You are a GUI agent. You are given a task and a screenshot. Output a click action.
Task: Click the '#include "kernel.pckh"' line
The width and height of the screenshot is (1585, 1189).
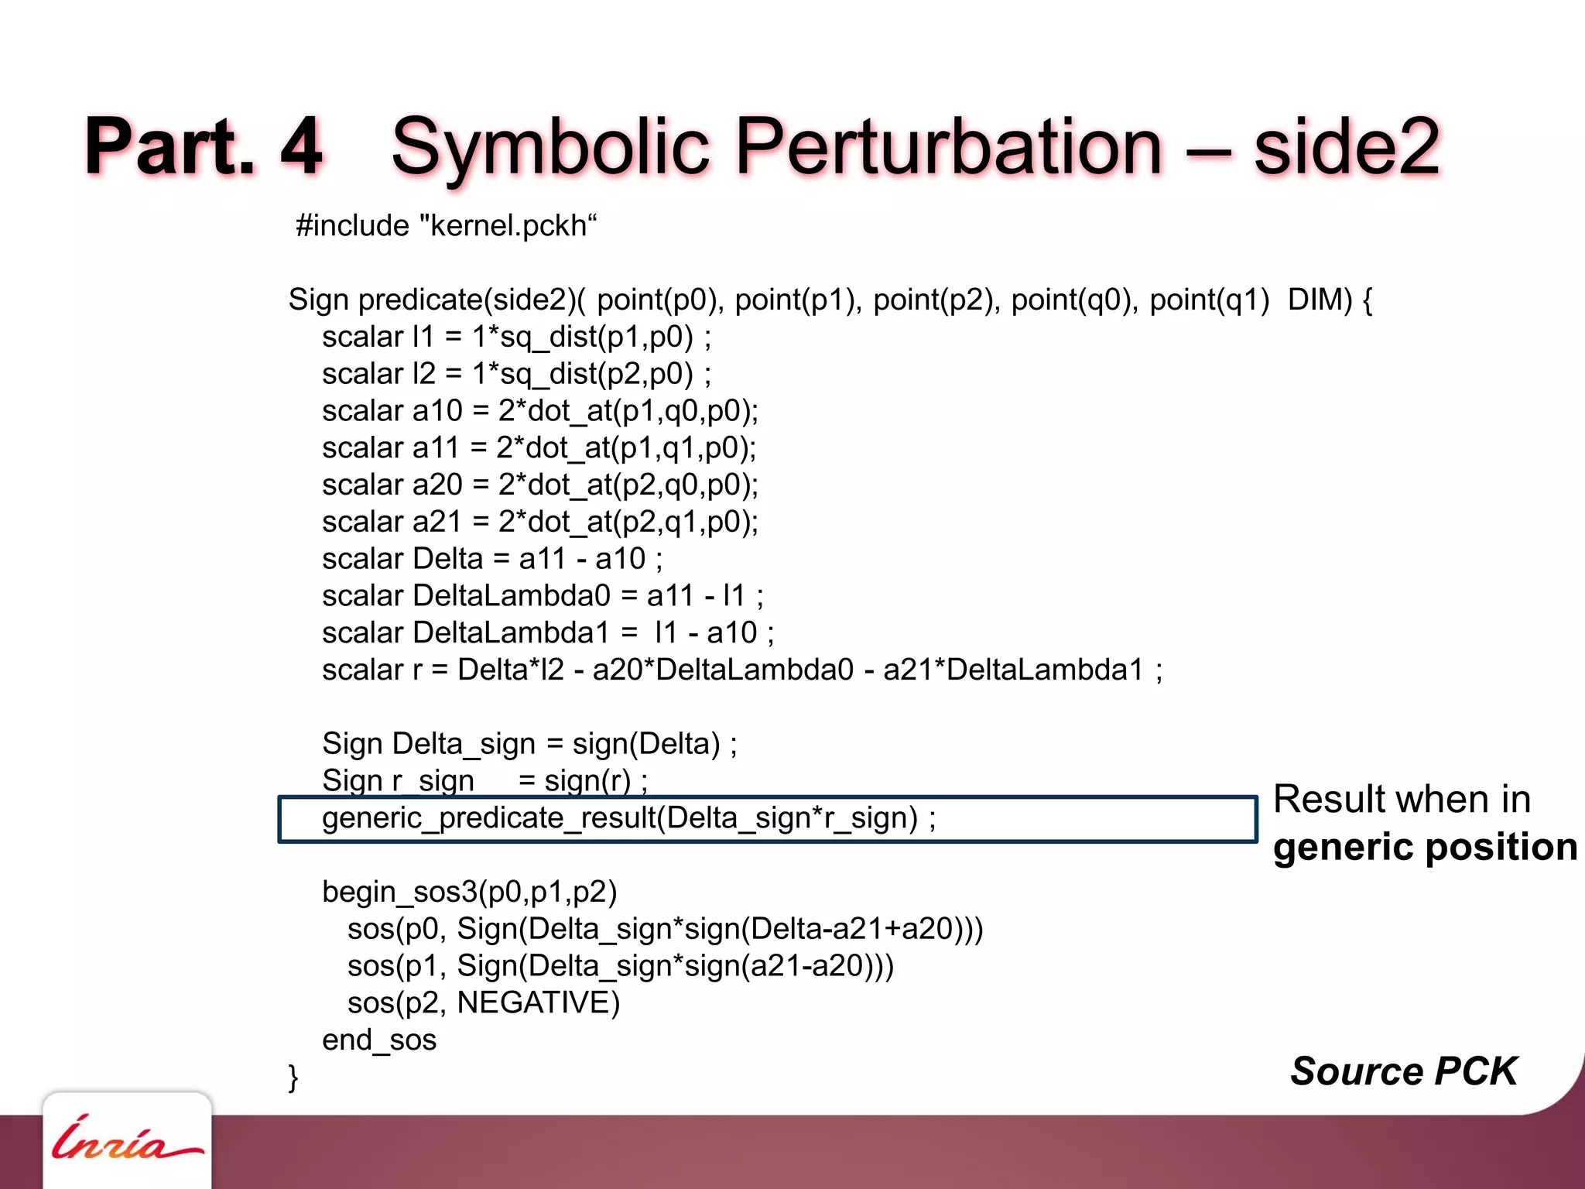[x=447, y=226]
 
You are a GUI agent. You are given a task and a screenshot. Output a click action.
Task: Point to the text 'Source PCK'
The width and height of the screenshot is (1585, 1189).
[x=1403, y=1071]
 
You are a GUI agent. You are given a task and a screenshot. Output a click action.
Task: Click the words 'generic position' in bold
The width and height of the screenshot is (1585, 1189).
[x=1425, y=847]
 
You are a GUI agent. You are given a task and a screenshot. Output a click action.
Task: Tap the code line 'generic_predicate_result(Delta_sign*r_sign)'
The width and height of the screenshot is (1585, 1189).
[x=628, y=818]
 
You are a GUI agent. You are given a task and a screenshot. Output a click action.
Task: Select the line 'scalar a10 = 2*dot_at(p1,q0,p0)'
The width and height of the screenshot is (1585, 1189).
[x=540, y=411]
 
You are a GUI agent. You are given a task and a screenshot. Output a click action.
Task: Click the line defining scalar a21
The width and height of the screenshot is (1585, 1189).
[x=540, y=522]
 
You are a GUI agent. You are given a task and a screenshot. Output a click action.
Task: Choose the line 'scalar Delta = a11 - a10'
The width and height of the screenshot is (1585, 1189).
[x=492, y=559]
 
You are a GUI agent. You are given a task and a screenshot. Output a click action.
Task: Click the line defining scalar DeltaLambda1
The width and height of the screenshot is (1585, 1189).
[x=548, y=633]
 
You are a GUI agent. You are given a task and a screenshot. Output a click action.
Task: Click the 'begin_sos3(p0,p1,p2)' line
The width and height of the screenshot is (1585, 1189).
[x=469, y=893]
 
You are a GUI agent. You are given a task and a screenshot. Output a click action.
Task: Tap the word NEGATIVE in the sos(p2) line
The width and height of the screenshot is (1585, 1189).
[x=539, y=1003]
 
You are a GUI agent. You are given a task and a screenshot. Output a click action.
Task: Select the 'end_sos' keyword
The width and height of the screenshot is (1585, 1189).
[x=379, y=1040]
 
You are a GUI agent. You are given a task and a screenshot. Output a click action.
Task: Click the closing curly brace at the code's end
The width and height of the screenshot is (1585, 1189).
[x=293, y=1078]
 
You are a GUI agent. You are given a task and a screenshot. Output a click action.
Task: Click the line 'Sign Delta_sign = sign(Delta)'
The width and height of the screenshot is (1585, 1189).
[x=529, y=744]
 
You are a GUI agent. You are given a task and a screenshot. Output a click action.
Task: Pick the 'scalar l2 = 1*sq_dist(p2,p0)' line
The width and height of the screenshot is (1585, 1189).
[x=516, y=374]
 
